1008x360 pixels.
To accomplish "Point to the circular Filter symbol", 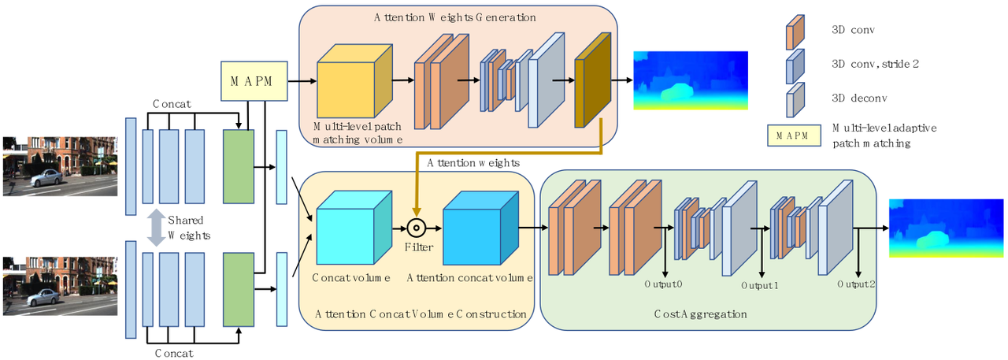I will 417,228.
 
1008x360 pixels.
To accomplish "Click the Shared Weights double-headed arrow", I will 157,227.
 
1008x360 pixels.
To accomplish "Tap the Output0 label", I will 664,284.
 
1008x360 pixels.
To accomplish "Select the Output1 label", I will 760,286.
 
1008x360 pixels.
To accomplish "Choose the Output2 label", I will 856,284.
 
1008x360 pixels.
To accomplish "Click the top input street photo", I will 61,166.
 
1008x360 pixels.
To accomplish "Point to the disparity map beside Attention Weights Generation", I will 690,80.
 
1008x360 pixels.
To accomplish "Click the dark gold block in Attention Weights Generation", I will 593,81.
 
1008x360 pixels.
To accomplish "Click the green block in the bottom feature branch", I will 238,289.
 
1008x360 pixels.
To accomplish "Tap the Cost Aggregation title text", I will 700,314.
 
